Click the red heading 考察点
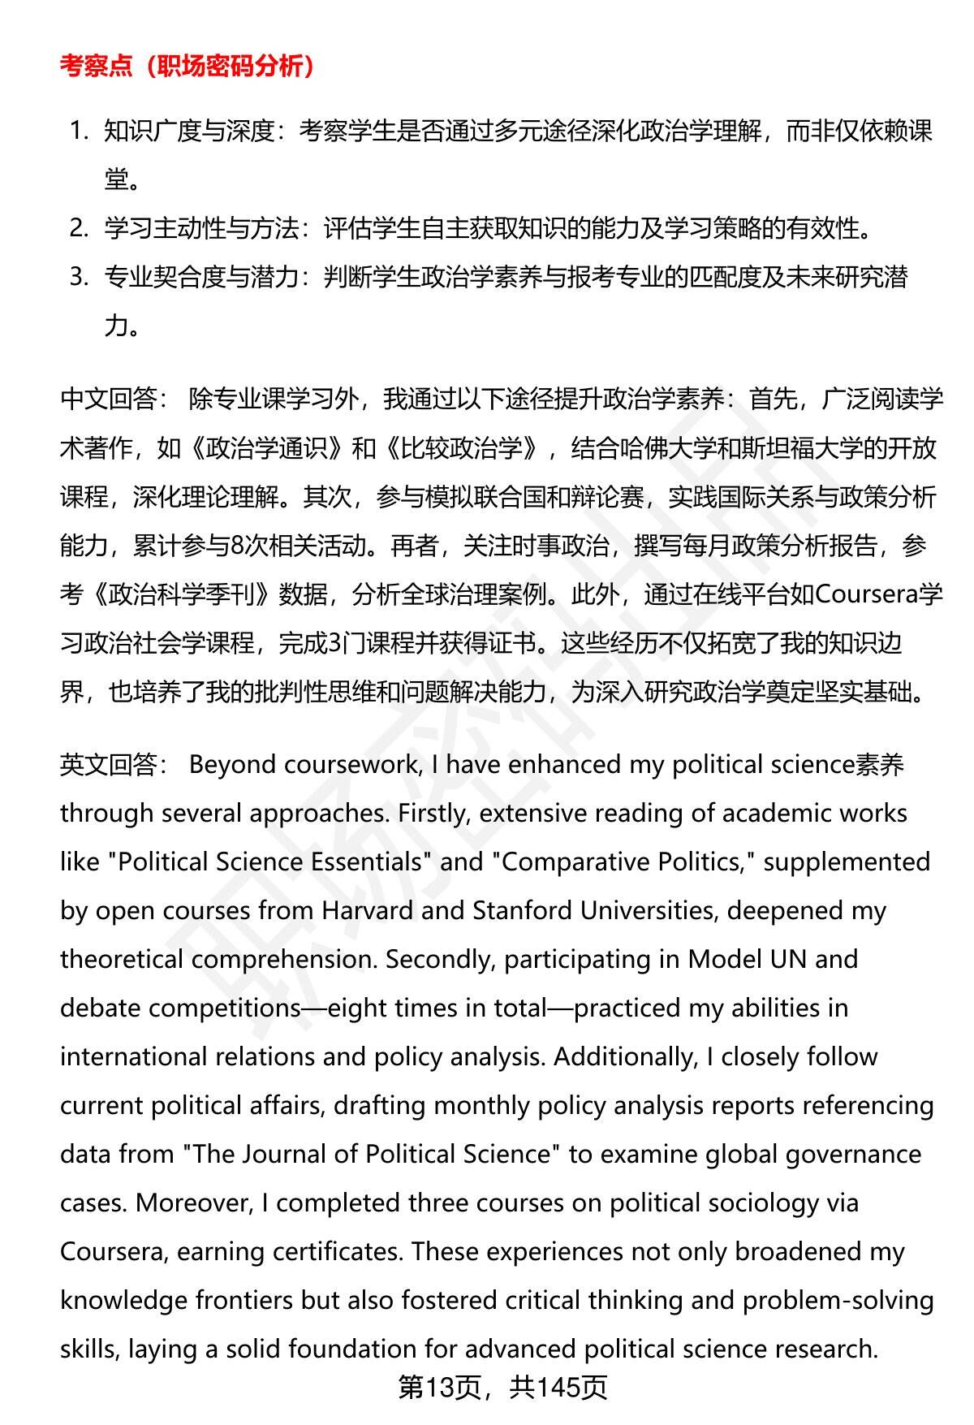[96, 67]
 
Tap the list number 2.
[78, 229]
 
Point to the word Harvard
[368, 911]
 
